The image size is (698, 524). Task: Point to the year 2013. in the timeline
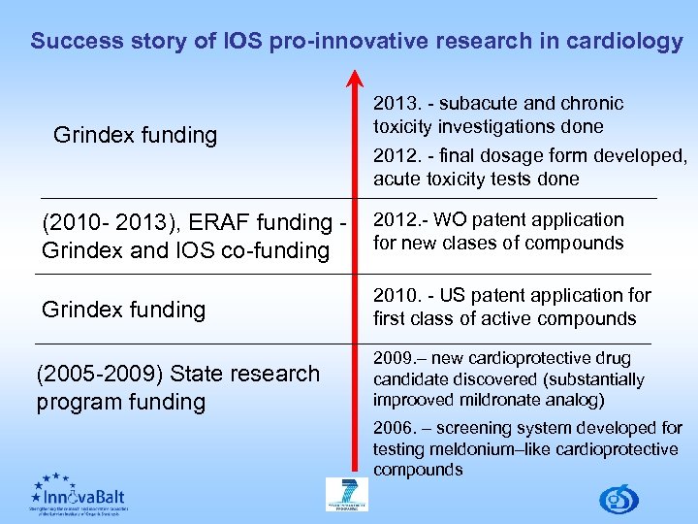click(395, 104)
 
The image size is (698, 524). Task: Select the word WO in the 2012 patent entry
click(447, 220)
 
